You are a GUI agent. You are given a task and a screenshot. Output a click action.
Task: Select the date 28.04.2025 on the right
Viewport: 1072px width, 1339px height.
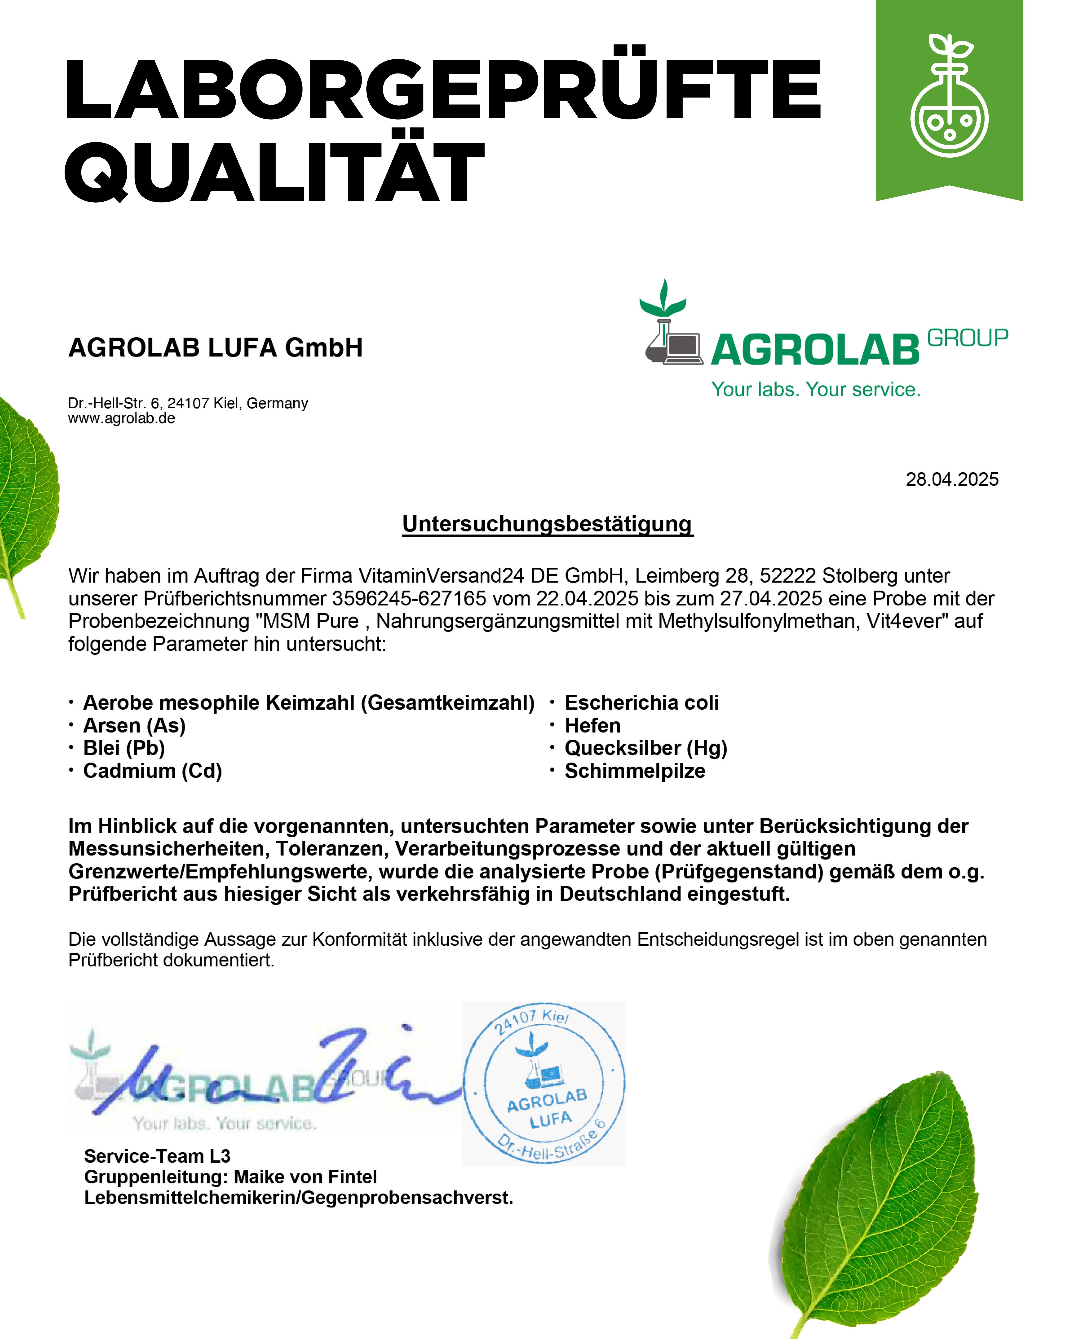(951, 479)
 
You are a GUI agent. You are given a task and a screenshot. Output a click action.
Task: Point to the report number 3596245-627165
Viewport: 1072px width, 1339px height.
(409, 598)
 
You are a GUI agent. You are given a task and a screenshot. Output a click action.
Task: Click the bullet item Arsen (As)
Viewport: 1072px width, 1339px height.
(134, 725)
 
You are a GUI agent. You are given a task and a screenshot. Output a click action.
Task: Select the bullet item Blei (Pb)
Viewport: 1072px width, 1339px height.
(124, 748)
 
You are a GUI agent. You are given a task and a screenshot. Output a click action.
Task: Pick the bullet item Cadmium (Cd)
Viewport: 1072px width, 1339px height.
(152, 771)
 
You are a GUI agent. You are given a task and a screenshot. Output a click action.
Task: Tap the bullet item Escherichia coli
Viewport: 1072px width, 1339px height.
(641, 702)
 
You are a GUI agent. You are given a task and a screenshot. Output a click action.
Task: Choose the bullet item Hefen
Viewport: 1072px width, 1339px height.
(592, 725)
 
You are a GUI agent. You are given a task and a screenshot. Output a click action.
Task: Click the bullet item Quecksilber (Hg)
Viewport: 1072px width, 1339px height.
(646, 748)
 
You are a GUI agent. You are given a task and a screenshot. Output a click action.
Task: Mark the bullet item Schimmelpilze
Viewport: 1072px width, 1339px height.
(634, 771)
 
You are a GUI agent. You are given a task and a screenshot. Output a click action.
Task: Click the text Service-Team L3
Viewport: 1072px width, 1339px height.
(157, 1156)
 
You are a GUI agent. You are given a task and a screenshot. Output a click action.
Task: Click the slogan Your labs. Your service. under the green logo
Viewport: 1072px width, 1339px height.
(815, 390)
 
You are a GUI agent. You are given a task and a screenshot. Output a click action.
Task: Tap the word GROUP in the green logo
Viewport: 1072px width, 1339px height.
(967, 338)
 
